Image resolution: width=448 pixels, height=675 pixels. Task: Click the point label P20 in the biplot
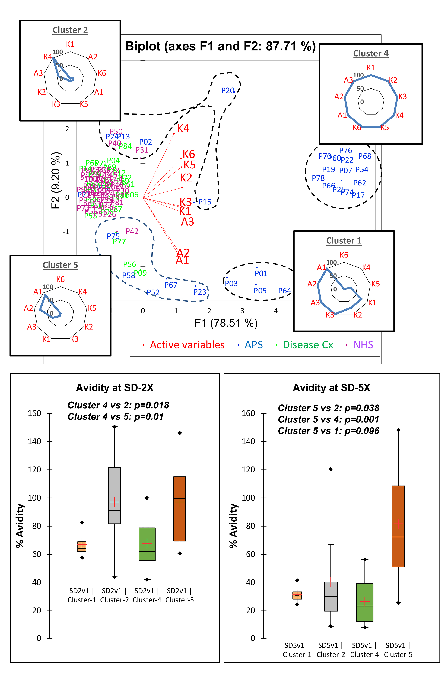228,91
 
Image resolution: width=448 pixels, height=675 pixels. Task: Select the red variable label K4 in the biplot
183,129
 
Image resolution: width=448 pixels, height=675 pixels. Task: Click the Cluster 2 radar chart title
70,30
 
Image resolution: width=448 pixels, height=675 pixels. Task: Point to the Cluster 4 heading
370,54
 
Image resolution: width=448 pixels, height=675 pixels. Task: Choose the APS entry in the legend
253,345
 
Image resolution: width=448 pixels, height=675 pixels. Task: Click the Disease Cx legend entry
308,345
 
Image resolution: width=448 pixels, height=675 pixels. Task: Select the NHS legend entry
363,345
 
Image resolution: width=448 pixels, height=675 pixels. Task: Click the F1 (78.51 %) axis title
226,323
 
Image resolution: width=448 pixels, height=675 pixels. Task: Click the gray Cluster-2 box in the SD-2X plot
114,495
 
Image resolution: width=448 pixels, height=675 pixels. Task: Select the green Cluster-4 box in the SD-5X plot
365,602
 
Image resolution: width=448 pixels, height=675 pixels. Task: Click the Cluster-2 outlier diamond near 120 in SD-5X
331,469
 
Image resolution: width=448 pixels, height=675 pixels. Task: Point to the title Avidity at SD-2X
115,388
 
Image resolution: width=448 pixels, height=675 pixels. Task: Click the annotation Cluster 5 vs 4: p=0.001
329,419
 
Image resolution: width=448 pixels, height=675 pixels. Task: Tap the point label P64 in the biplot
284,291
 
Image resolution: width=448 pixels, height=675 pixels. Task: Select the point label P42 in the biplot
132,231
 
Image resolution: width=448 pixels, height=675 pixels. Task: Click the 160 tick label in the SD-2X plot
34,413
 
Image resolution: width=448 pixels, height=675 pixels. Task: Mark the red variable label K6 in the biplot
189,154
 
